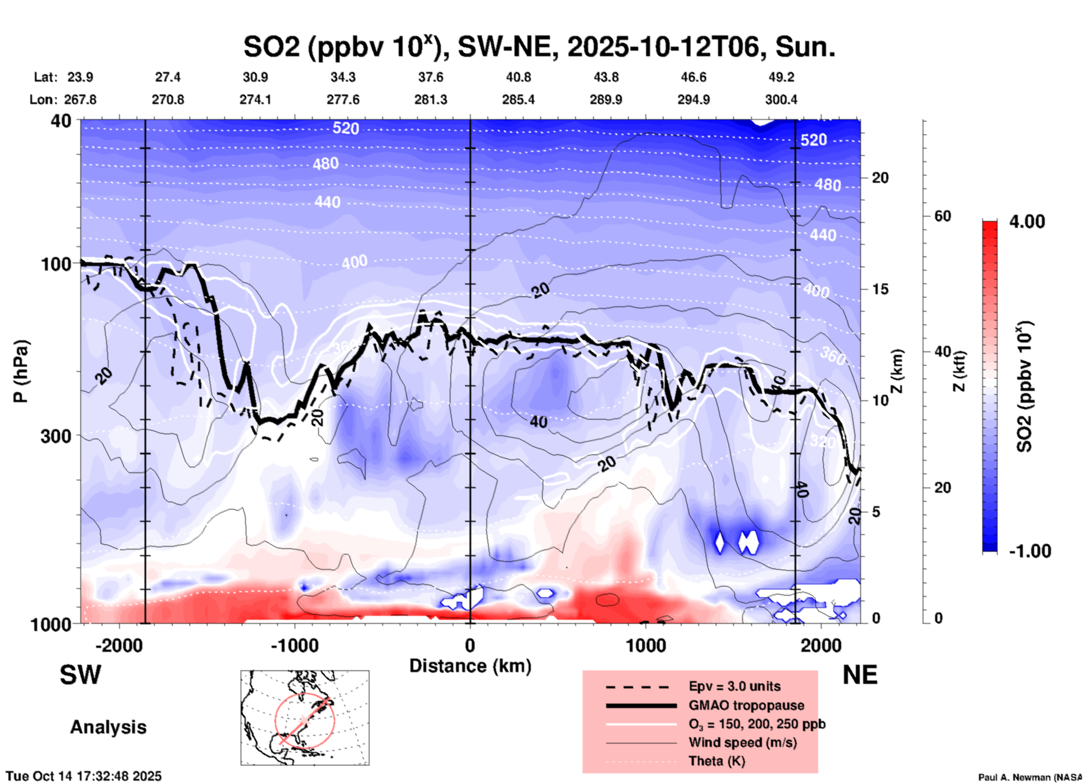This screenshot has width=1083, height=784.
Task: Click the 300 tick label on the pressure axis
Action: [56, 436]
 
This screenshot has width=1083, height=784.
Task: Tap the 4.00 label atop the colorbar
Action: [1027, 222]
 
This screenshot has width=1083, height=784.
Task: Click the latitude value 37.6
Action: [431, 77]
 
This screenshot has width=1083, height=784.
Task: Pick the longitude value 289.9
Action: [606, 100]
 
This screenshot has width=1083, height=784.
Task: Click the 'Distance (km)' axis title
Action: [470, 666]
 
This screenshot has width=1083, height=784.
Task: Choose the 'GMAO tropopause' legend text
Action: [746, 705]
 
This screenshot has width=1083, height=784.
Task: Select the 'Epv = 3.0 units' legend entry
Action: [734, 686]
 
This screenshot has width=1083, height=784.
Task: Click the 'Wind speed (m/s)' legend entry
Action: [742, 742]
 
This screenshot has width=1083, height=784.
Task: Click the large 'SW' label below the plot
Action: [80, 675]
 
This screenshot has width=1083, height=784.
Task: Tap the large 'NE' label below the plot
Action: [860, 675]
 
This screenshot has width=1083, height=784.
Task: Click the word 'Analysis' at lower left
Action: [108, 727]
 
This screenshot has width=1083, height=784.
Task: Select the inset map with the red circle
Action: [305, 718]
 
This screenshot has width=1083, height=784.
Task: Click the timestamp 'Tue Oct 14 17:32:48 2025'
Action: [84, 776]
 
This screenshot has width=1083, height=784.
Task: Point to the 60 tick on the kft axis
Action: [942, 216]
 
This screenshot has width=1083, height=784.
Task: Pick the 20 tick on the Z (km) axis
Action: [880, 178]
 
